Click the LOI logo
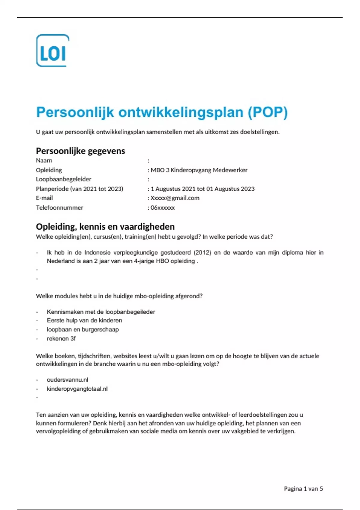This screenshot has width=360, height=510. [x=53, y=50]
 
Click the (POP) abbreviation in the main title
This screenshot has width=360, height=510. [x=268, y=112]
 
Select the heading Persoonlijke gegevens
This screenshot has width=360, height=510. [x=80, y=151]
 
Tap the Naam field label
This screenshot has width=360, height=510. [x=44, y=160]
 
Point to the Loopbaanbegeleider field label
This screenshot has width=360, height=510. [x=64, y=179]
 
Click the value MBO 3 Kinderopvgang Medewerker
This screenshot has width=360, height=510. [x=199, y=170]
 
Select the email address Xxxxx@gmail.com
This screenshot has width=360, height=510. [x=175, y=198]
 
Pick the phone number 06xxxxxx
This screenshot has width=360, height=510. [x=163, y=208]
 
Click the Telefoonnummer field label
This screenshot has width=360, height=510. [x=59, y=208]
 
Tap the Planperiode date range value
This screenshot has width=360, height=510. [x=202, y=189]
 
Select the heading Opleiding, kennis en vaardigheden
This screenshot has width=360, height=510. [x=105, y=226]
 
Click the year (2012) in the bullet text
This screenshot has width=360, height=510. [x=202, y=253]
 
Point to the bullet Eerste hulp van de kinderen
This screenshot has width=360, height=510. [x=84, y=320]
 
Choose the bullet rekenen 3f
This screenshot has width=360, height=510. [x=61, y=338]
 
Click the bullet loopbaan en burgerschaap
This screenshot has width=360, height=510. [x=83, y=329]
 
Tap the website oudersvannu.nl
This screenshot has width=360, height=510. [x=67, y=380]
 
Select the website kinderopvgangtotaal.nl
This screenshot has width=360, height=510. [x=77, y=389]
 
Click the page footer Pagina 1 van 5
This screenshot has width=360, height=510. [x=303, y=489]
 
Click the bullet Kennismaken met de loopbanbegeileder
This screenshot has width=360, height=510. [x=101, y=312]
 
